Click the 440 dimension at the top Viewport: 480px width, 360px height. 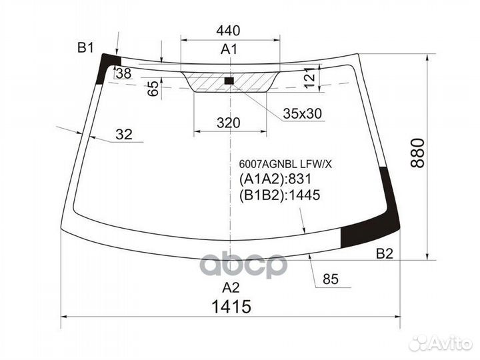coord(228,31)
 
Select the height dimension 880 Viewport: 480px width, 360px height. coord(417,153)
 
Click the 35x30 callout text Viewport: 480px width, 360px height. coord(302,114)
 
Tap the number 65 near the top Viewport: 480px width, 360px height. coord(153,89)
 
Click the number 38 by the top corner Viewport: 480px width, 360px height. coord(123,74)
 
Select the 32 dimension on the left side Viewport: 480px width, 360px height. coord(123,134)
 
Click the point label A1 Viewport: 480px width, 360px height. coord(229,49)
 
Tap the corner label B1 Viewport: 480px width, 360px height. coord(85,47)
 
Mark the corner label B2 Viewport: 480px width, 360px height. coord(385,253)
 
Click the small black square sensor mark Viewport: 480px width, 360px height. coord(229,81)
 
